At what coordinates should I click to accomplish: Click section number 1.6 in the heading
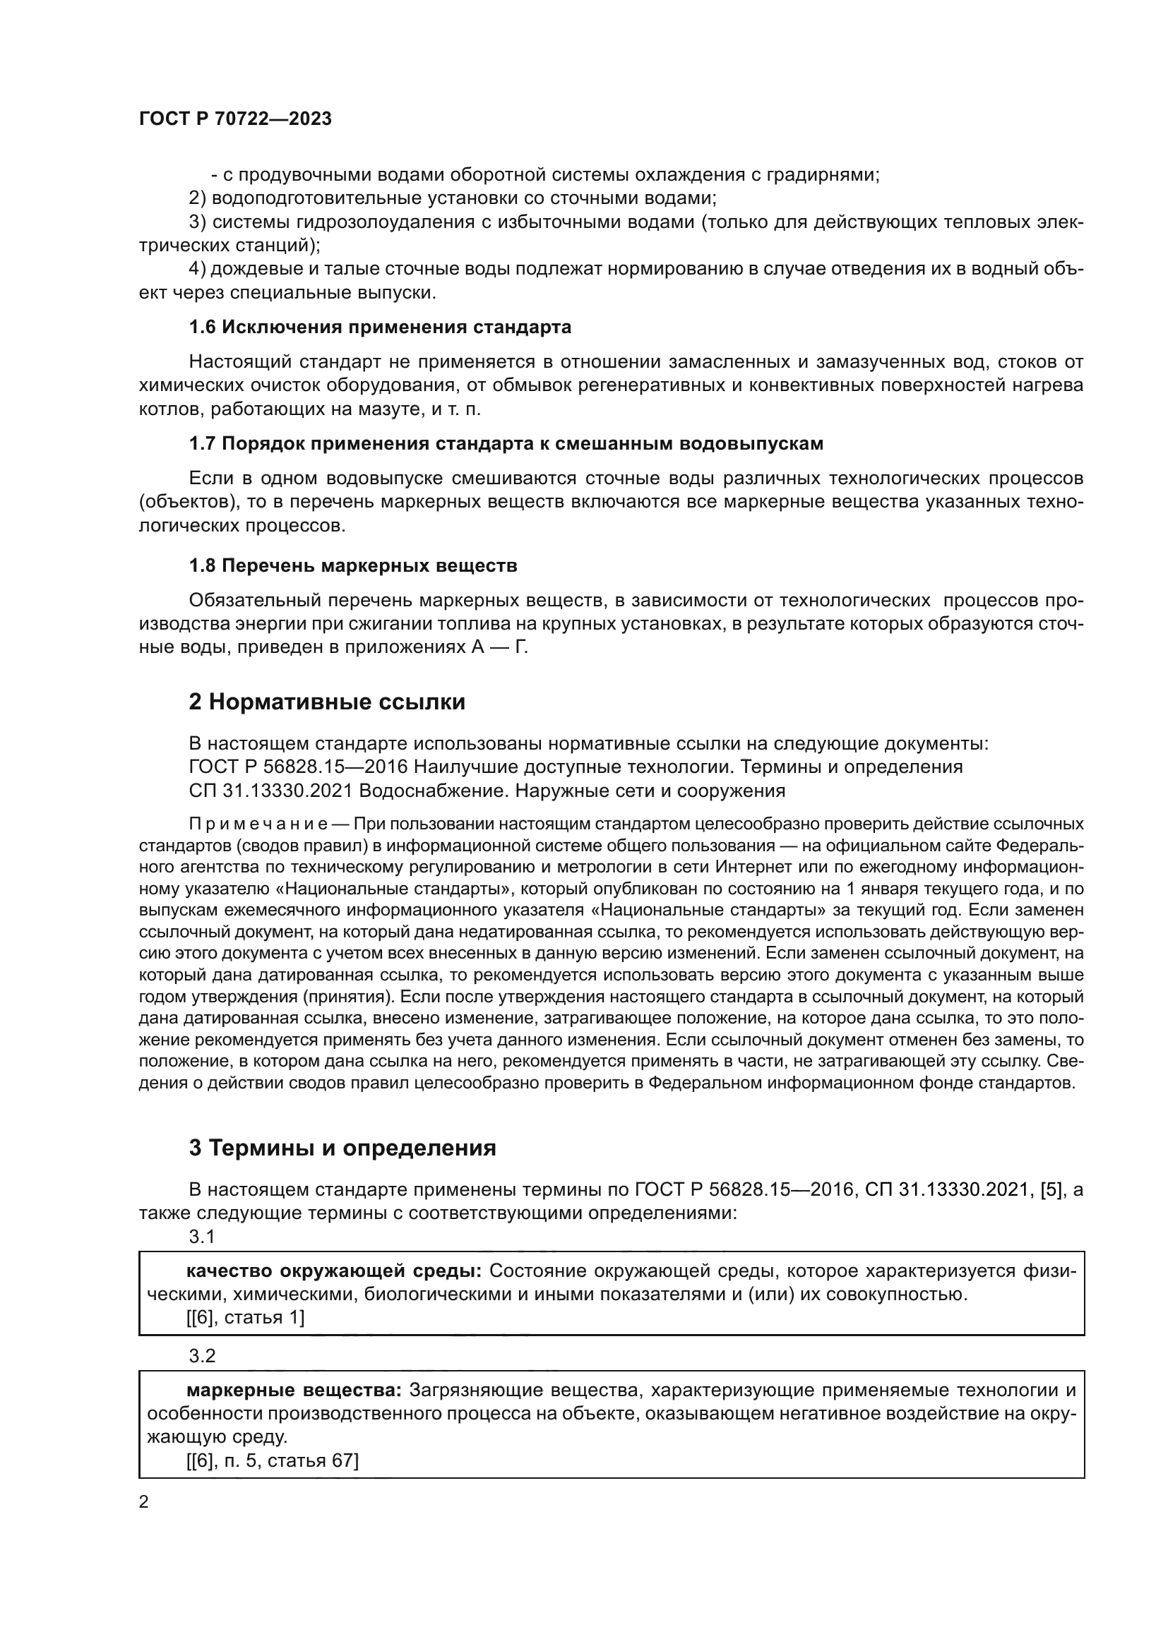point(202,328)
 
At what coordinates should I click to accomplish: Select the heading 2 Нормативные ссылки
point(326,702)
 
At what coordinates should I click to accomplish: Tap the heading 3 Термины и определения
point(342,1148)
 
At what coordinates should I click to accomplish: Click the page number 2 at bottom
point(144,1501)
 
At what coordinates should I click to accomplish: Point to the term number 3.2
point(202,1355)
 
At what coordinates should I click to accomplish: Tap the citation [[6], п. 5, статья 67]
point(272,1460)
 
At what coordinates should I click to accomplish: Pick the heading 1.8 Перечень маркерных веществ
point(352,566)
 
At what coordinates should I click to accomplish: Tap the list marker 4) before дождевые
point(197,269)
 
